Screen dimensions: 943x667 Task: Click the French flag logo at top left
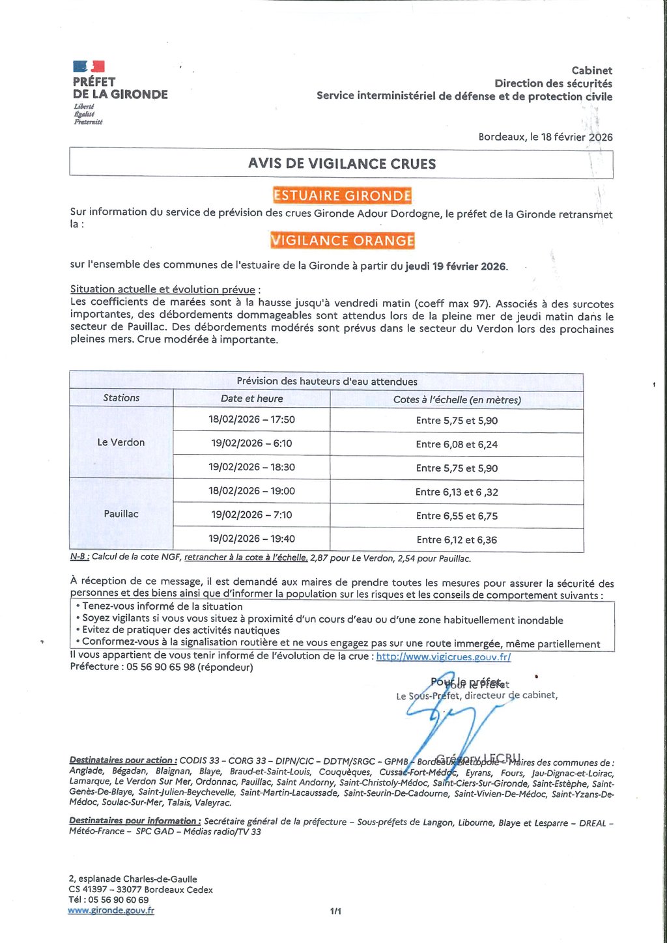tap(89, 66)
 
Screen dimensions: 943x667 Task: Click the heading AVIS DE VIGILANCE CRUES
tap(341, 163)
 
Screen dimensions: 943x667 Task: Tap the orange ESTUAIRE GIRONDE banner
tap(342, 195)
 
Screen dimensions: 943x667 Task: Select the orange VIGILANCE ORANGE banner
tap(343, 240)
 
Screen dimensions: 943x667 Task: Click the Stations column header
tap(121, 398)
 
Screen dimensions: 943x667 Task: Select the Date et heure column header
tap(251, 399)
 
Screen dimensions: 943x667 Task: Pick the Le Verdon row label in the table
tap(121, 442)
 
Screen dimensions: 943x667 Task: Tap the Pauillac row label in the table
tap(121, 514)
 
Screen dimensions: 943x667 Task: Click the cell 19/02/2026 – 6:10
tap(251, 443)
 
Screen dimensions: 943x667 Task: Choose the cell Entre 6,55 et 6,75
tap(457, 516)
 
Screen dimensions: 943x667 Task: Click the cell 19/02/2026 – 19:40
tap(251, 539)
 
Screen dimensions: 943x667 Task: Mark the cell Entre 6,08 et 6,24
tap(457, 444)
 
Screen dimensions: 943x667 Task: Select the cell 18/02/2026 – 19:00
tap(251, 491)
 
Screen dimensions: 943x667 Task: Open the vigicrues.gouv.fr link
tap(443, 656)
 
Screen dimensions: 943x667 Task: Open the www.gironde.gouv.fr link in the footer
tap(111, 910)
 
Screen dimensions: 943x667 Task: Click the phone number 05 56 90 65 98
tap(160, 667)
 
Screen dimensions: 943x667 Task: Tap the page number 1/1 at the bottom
tap(335, 911)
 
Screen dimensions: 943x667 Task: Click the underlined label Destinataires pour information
tap(134, 821)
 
